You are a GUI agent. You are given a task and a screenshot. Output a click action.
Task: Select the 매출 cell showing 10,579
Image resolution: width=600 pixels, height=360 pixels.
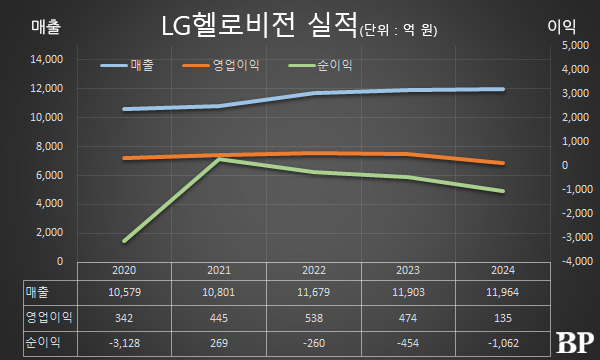(125, 291)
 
